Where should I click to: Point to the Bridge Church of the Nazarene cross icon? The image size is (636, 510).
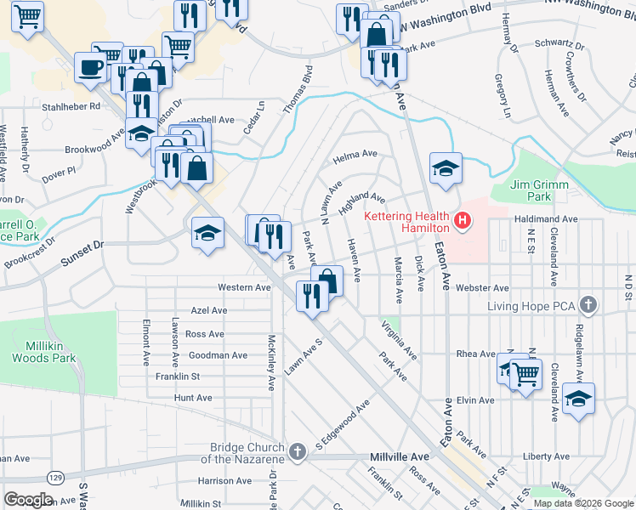point(297,451)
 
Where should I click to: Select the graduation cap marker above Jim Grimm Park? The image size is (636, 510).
point(446,167)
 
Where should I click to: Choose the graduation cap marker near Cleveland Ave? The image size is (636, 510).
point(578,398)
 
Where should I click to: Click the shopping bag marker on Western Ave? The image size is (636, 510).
point(327,280)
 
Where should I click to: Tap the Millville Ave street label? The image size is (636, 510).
point(400,456)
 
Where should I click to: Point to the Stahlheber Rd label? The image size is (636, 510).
point(71,106)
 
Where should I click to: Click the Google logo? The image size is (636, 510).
point(28,500)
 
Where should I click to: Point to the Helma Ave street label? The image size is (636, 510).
point(355,155)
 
